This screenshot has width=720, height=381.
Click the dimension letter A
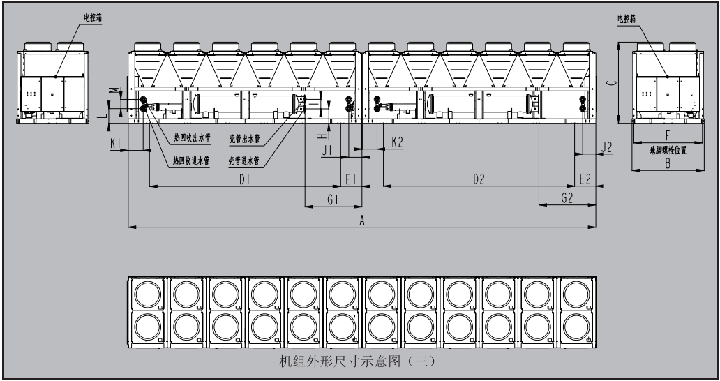(x=361, y=219)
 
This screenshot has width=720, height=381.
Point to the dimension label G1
(x=333, y=199)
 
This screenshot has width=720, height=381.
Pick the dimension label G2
(x=567, y=199)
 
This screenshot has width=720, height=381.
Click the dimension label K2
(x=397, y=142)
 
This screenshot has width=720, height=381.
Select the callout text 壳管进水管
(x=243, y=160)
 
